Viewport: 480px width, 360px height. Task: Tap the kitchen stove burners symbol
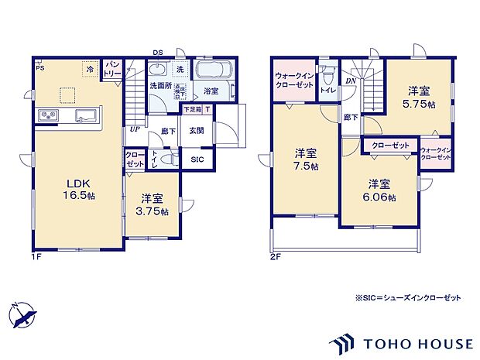[46, 116]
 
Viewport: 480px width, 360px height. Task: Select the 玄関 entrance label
[196, 131]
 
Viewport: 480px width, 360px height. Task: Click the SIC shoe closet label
[197, 159]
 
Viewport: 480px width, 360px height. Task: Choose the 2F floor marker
[274, 256]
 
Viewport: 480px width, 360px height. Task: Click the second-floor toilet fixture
[328, 79]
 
